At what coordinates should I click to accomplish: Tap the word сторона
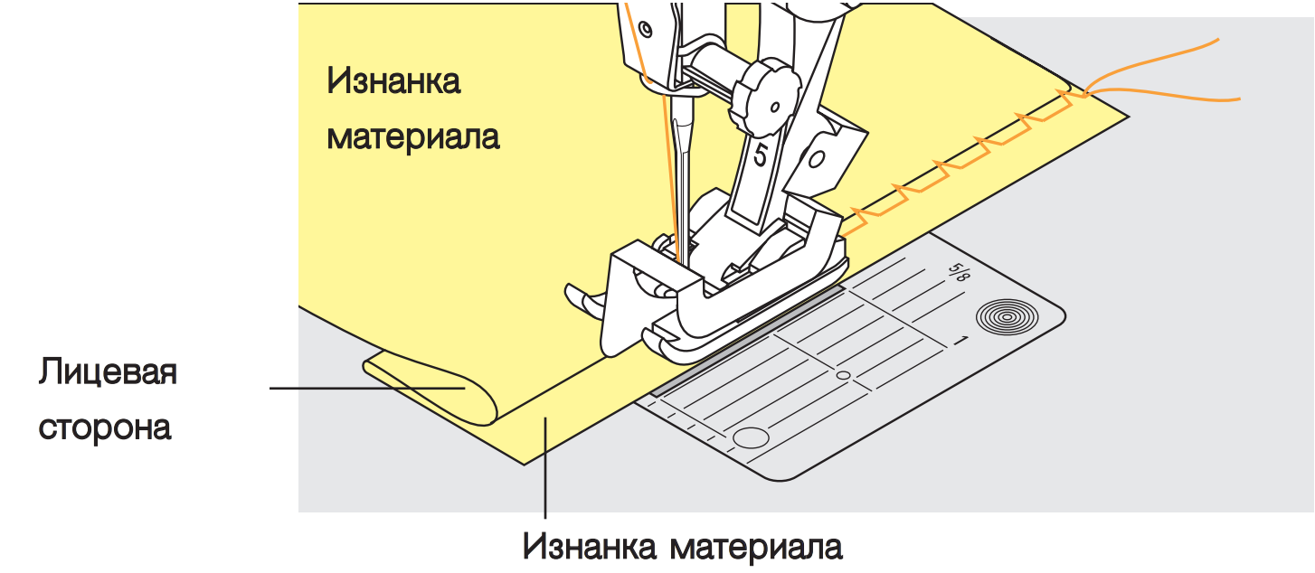[x=105, y=427]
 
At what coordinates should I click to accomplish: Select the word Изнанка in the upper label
[x=393, y=81]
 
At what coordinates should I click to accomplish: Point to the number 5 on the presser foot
[x=760, y=156]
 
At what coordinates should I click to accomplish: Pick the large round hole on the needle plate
[x=750, y=439]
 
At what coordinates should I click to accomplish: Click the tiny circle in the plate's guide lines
[x=843, y=374]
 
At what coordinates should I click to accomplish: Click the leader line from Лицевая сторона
[x=362, y=389]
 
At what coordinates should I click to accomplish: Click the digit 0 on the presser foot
[x=817, y=161]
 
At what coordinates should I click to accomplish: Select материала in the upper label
[x=413, y=138]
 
